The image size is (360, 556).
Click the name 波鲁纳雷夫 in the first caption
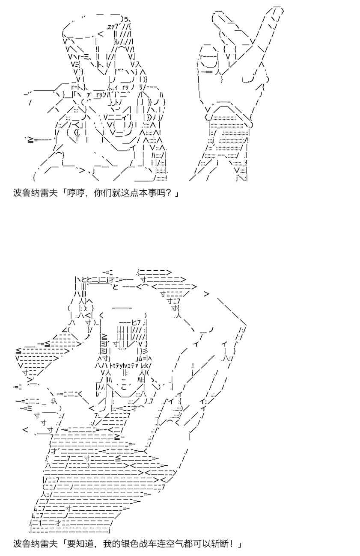(x=35, y=192)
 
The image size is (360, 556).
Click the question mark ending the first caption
(x=170, y=192)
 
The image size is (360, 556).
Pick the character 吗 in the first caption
(x=161, y=192)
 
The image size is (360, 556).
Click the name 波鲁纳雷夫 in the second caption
(x=35, y=547)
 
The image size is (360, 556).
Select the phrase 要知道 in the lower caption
(x=80, y=547)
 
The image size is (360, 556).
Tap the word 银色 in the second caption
(x=130, y=547)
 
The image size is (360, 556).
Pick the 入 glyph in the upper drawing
(x=137, y=64)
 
